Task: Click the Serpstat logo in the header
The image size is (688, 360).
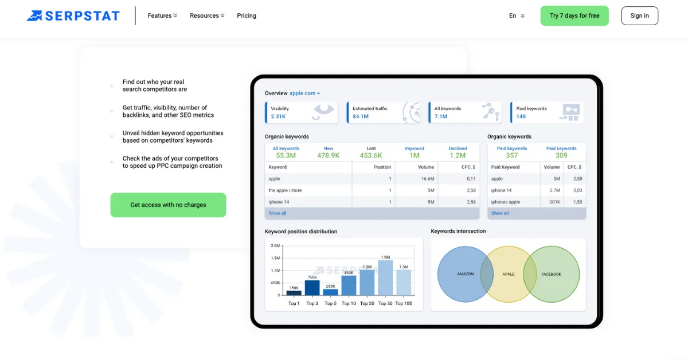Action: tap(73, 15)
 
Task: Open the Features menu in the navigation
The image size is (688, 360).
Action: tap(162, 15)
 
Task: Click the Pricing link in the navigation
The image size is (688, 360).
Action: tap(247, 15)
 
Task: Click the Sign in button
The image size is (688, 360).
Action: tap(639, 15)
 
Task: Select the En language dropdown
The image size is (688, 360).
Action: tap(516, 15)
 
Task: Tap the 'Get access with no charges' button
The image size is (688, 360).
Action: tap(168, 205)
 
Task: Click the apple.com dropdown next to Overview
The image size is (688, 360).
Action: tap(304, 93)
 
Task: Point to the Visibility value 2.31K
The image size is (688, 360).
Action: tap(278, 116)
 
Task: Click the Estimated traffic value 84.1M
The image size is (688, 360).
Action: tap(361, 116)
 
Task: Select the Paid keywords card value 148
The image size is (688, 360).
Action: tap(521, 116)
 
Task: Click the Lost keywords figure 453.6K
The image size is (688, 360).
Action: tap(371, 155)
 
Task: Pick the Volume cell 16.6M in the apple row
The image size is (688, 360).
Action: tap(428, 179)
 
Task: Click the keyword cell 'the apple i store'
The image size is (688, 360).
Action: tap(285, 190)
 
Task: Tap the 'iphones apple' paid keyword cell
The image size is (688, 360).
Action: tap(506, 202)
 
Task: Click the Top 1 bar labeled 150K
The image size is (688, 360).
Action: tap(294, 292)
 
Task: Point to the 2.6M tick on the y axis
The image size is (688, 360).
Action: tap(275, 245)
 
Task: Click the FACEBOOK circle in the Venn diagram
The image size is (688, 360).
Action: tap(554, 274)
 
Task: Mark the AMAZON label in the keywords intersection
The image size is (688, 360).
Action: tap(465, 274)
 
